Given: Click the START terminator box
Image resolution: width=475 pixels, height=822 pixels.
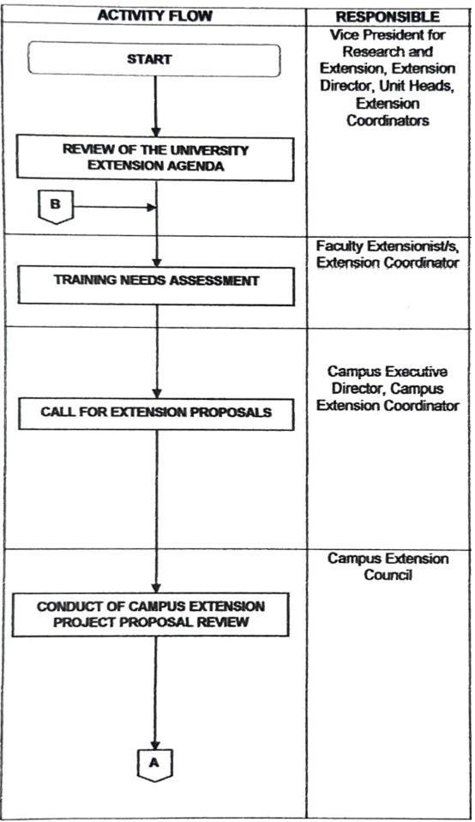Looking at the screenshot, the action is click(x=154, y=60).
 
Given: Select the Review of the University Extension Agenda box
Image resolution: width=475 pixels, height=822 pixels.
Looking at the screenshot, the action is click(x=155, y=159).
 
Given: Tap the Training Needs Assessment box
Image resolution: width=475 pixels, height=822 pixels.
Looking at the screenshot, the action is click(x=156, y=286).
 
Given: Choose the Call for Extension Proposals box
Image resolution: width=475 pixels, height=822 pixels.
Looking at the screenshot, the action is click(x=156, y=413).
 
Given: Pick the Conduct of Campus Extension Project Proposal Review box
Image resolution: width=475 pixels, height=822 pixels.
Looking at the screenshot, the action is click(x=150, y=614).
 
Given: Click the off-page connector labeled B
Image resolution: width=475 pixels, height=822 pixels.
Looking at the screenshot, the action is click(x=55, y=207).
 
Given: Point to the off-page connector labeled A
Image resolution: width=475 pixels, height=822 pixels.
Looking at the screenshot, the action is click(x=154, y=765).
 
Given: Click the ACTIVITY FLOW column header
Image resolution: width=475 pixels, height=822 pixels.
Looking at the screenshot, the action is click(x=155, y=15).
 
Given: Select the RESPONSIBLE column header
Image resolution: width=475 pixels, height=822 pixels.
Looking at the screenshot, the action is click(x=388, y=17).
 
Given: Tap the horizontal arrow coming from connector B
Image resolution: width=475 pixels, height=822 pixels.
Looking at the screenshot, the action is click(x=114, y=207).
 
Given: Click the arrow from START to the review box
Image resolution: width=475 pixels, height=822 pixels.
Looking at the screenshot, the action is click(x=155, y=107).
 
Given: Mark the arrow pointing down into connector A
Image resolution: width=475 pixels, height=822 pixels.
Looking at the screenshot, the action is click(x=155, y=693).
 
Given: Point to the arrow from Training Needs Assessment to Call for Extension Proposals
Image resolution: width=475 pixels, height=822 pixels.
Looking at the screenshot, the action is click(x=156, y=351).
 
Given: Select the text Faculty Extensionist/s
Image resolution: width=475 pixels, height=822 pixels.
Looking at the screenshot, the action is click(x=388, y=246).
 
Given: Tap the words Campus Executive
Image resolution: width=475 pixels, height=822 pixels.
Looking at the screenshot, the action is click(x=388, y=372).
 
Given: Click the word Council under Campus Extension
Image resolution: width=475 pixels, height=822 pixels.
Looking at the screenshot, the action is click(x=388, y=575).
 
